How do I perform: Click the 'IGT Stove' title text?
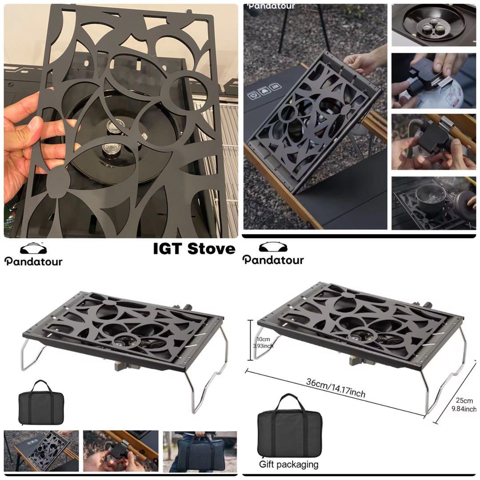tap(194, 248)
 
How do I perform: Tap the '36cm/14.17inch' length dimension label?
tap(336, 388)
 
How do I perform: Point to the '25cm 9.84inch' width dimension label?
tap(464, 404)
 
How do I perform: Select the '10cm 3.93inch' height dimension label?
tap(263, 343)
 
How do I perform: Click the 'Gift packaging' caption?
tap(288, 464)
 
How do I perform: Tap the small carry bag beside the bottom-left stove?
tap(41, 402)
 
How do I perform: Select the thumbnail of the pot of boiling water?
tap(433, 203)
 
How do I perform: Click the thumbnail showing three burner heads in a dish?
tap(433, 25)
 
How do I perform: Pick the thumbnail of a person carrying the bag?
tap(200, 451)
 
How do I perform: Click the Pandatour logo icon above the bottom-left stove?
tap(33, 248)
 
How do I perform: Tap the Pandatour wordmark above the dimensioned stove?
tap(273, 260)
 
